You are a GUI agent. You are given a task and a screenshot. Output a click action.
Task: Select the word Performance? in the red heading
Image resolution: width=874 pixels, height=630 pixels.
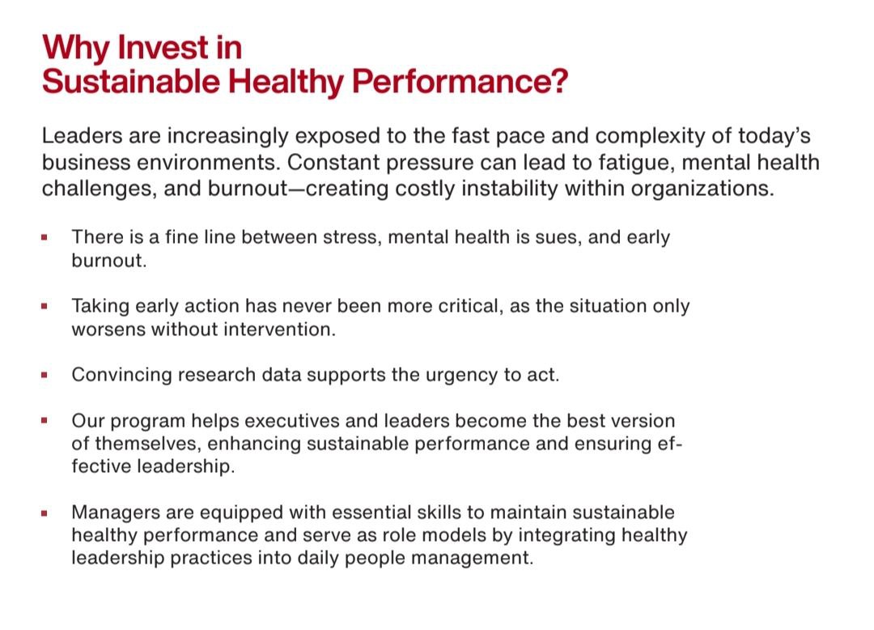[x=460, y=81]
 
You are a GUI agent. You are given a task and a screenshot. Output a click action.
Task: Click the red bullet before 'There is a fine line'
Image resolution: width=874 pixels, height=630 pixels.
[x=44, y=237]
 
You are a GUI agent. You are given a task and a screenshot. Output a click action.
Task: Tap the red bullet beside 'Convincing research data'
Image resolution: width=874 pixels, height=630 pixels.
[x=44, y=375]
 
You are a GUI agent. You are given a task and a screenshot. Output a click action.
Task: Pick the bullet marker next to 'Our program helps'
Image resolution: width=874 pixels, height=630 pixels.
[x=44, y=421]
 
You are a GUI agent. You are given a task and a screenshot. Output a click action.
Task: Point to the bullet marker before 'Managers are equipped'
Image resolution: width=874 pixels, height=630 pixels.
[x=44, y=513]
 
